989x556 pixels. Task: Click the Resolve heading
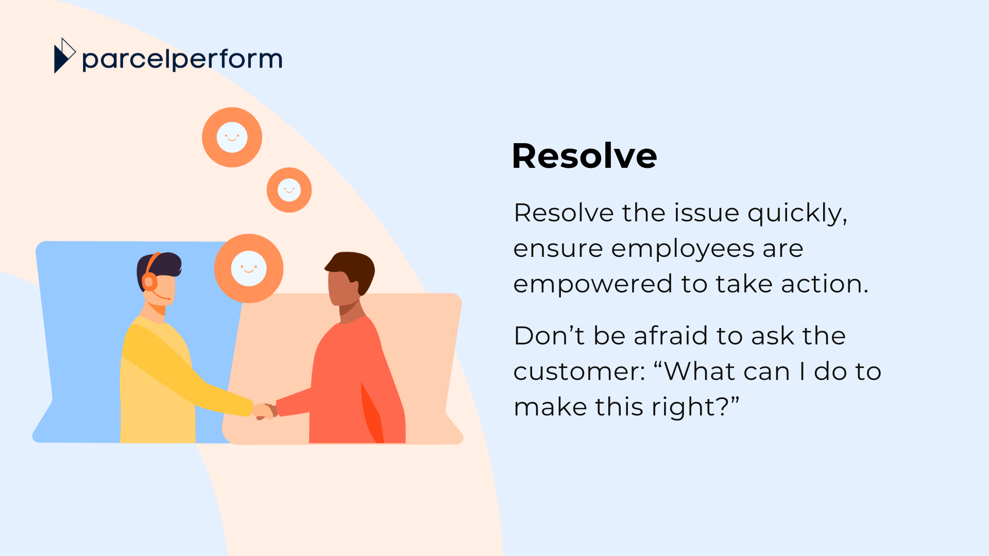click(584, 155)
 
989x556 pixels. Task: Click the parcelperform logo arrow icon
click(64, 56)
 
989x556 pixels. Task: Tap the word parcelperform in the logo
click(182, 60)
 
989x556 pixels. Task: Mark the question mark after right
click(723, 407)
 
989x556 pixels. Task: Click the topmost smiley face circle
click(232, 137)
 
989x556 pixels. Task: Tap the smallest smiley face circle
click(289, 190)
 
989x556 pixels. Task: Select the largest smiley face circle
click(249, 268)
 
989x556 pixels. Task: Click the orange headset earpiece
click(149, 282)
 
